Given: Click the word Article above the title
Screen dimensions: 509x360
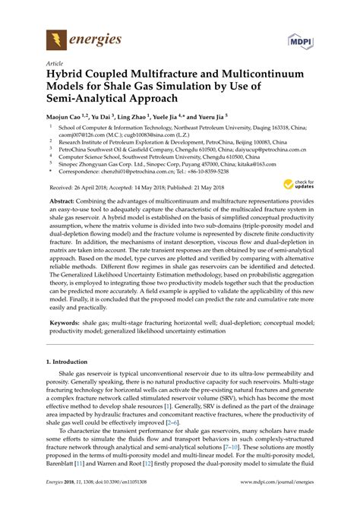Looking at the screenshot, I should pos(55,63).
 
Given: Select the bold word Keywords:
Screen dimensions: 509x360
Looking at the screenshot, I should pos(66,322).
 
